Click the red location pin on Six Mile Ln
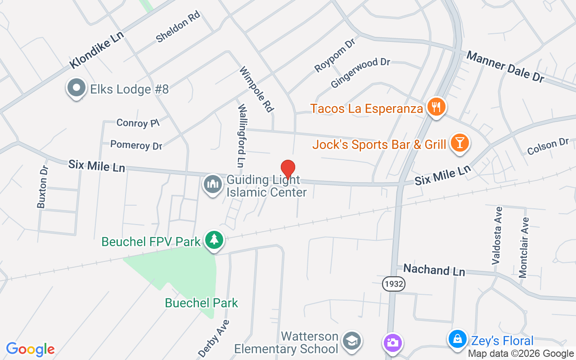pos(288,169)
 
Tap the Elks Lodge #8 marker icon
pos(76,88)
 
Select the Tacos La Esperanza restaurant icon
pos(436,107)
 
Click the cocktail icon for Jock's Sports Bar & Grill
pos(459,143)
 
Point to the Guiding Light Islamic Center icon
pos(213,184)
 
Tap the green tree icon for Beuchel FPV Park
pos(214,240)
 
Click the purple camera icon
pos(392,343)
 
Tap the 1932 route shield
pos(394,284)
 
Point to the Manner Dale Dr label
pos(505,67)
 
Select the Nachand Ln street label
pos(434,270)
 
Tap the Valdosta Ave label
pos(497,235)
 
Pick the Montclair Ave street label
pos(523,247)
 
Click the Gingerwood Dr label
pos(360,73)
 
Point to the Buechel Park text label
pos(201,303)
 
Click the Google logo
pos(30,349)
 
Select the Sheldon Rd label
pos(178,27)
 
